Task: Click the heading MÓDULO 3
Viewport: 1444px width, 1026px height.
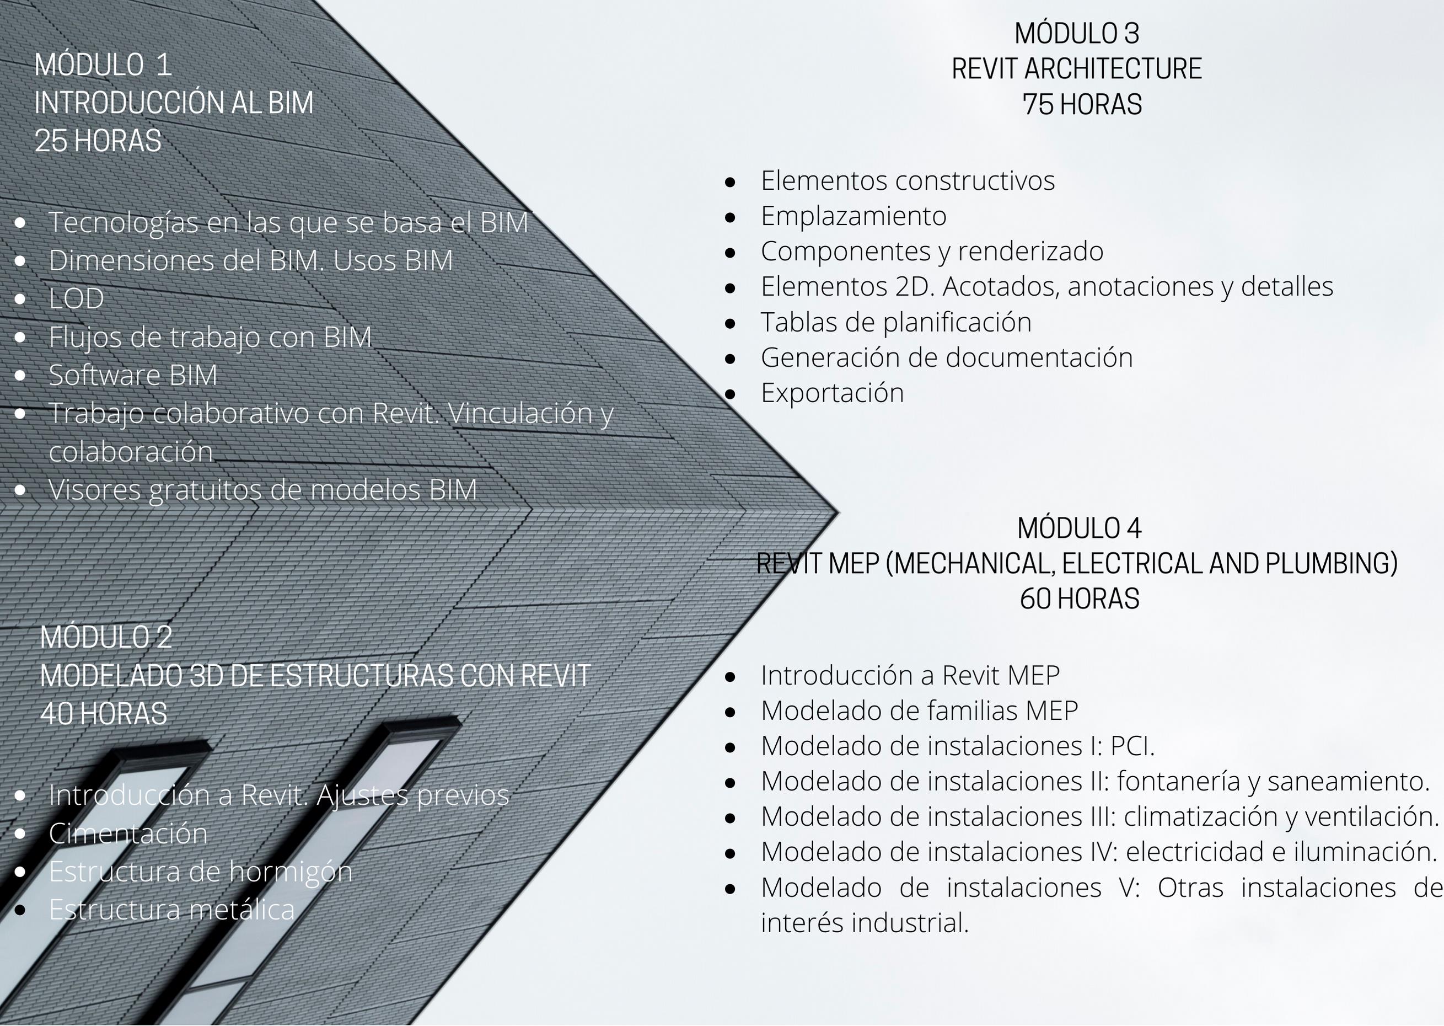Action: tap(1077, 34)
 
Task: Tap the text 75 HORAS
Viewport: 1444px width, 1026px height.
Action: tap(1082, 104)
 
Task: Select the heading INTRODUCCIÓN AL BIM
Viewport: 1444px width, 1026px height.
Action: tap(174, 103)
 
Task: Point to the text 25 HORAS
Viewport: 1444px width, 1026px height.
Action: tap(98, 141)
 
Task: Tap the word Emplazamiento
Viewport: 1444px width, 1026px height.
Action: tap(853, 216)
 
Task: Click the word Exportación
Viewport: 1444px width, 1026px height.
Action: tap(832, 393)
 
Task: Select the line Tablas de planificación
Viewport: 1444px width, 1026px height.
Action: tap(896, 322)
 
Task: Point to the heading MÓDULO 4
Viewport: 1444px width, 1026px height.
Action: tap(1079, 528)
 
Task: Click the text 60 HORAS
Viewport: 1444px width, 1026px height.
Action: tap(1080, 599)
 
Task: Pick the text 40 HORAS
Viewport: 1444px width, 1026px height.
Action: tap(104, 714)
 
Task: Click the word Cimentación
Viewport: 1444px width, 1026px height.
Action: tap(128, 833)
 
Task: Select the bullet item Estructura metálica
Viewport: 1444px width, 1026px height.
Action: tap(171, 910)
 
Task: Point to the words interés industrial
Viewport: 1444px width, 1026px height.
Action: tap(865, 923)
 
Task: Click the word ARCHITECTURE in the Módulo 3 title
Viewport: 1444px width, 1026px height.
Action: tap(1113, 69)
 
